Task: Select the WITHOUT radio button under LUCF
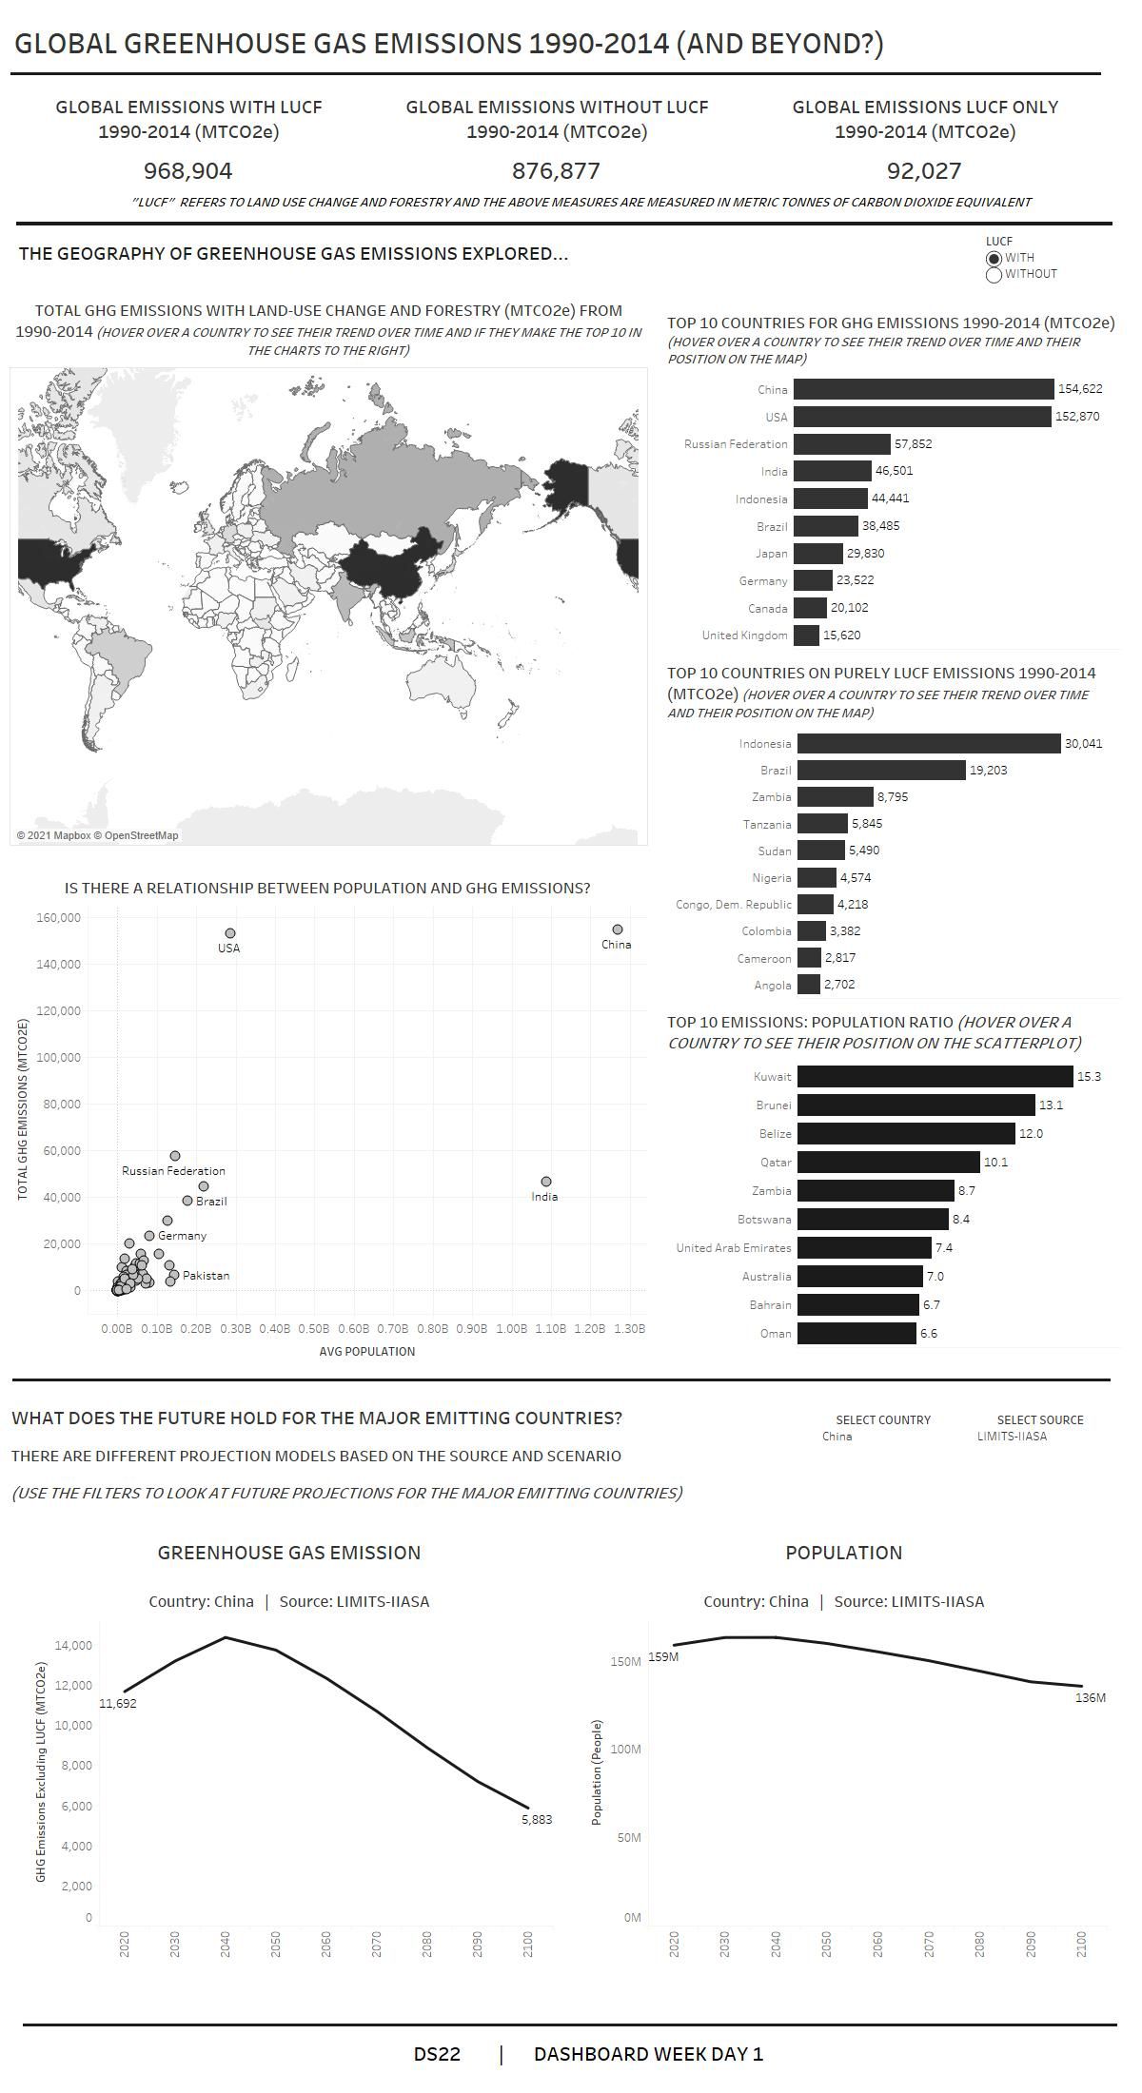click(994, 275)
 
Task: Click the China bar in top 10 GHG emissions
click(923, 389)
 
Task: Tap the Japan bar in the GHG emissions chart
click(817, 554)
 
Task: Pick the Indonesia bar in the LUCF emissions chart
click(928, 744)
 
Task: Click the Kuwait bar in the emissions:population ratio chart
click(935, 1077)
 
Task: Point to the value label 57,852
click(913, 444)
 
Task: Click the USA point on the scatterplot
click(229, 934)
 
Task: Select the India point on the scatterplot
click(545, 1182)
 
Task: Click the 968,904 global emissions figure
click(187, 171)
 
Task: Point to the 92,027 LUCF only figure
click(924, 171)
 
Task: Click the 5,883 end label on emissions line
click(537, 1819)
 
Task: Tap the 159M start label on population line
click(663, 1657)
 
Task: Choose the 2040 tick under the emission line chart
click(226, 1944)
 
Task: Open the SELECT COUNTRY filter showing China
click(837, 1437)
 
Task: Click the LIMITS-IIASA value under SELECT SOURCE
click(1012, 1437)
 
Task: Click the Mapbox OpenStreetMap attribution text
click(97, 835)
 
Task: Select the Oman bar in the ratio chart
click(856, 1334)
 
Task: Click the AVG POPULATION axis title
click(366, 1351)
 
